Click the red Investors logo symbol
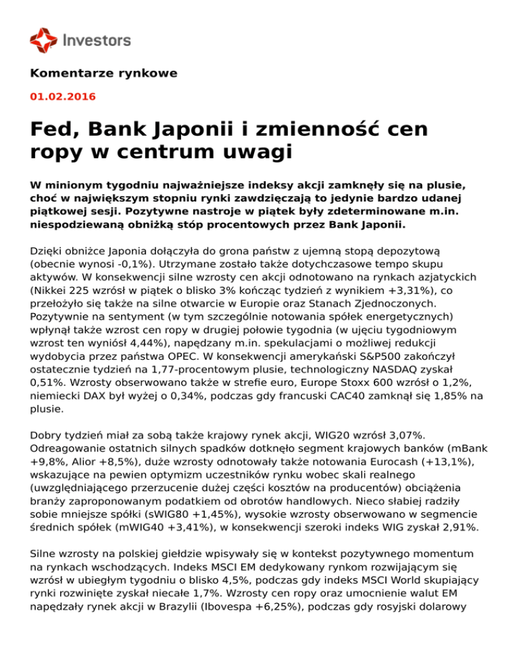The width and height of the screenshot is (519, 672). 43,39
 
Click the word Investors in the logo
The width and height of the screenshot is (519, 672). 97,40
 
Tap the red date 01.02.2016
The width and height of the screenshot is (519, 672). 63,97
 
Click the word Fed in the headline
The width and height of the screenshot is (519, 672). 54,128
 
